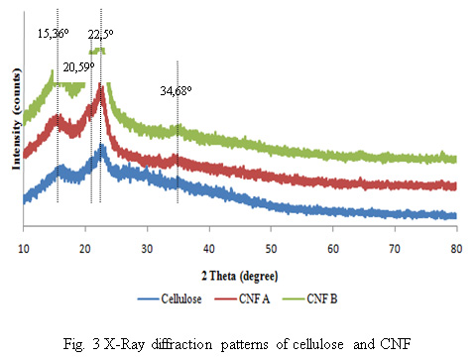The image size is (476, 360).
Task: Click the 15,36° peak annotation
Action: [53, 34]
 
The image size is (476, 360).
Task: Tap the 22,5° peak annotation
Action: [100, 35]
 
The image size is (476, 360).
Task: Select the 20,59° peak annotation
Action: [78, 67]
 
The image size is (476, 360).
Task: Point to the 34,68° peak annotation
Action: [176, 91]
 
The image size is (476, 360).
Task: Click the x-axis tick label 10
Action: [24, 249]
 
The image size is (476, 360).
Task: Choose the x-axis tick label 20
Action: [85, 249]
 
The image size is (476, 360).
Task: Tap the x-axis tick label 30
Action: [147, 249]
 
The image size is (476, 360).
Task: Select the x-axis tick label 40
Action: [209, 249]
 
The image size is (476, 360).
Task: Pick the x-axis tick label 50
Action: [271, 249]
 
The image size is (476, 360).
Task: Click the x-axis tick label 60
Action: [333, 249]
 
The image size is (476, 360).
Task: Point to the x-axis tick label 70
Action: [395, 249]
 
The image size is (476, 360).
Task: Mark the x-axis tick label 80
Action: [456, 249]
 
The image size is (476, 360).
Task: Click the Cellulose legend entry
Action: [170, 299]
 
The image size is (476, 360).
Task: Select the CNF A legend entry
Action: [242, 299]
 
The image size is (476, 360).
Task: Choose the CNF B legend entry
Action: [310, 299]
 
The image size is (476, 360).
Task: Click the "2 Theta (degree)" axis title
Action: [240, 276]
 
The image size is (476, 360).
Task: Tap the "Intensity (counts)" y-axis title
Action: [16, 119]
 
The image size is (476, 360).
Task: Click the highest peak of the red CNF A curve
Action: [100, 85]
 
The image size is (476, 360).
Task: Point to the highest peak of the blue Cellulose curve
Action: [101, 146]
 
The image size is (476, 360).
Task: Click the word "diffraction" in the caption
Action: [181, 344]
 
